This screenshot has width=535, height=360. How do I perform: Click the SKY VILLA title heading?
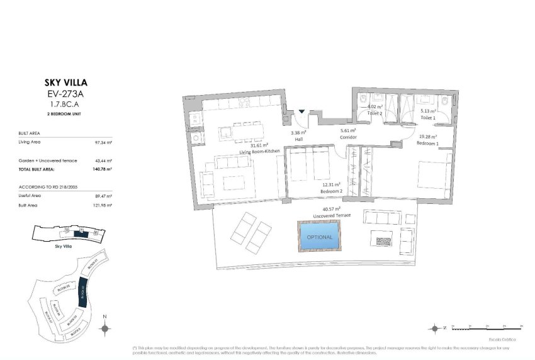click(66, 82)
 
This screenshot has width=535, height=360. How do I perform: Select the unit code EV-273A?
click(66, 94)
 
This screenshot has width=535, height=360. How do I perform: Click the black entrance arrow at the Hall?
click(302, 112)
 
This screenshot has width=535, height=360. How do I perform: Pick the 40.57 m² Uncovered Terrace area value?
click(331, 209)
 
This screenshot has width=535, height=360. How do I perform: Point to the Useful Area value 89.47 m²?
click(103, 196)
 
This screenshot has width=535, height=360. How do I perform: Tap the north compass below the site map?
click(105, 327)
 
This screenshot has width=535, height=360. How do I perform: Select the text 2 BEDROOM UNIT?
click(66, 115)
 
